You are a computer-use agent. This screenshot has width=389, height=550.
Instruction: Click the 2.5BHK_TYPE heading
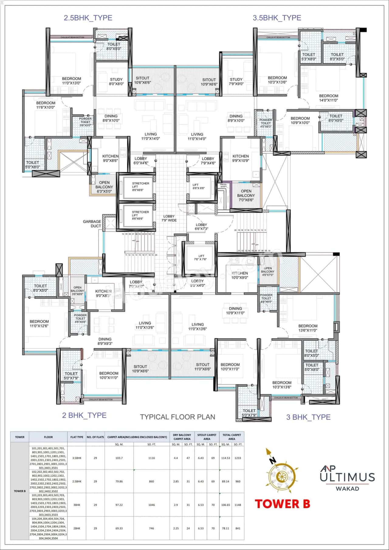88,18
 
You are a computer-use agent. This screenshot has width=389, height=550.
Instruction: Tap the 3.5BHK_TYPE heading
277,18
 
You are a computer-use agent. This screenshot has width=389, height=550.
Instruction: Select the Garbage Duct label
92,224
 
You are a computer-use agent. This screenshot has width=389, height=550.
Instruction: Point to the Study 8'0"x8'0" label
116,81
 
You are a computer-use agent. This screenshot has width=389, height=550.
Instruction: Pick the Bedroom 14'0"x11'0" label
329,98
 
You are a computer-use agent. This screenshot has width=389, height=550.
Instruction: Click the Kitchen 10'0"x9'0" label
239,275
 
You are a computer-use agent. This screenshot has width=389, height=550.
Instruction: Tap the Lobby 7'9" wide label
169,218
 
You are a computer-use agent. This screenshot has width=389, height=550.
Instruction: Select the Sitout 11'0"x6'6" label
202,367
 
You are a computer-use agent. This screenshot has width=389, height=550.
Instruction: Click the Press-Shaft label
224,185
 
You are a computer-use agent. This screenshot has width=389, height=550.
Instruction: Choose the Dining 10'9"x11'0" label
235,311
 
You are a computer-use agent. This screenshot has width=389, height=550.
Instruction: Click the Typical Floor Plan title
177,417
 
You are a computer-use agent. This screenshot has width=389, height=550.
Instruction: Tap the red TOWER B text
282,504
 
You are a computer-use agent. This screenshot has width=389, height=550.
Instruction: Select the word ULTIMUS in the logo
347,477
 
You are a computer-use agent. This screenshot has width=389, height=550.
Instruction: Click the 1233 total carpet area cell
238,458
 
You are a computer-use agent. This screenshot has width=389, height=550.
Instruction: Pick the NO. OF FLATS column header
95,437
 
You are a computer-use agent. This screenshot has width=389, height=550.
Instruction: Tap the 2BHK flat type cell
77,528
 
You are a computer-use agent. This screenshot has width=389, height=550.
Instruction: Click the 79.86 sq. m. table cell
119,481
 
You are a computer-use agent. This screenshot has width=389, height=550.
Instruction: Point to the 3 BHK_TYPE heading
308,417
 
